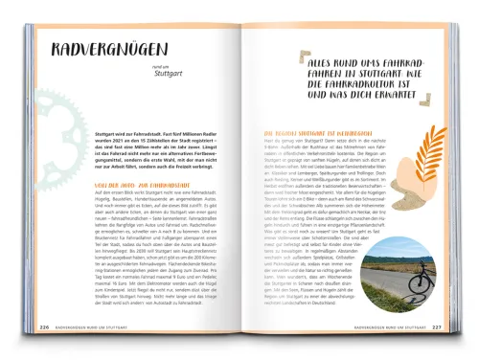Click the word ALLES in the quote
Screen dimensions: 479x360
(287, 60)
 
